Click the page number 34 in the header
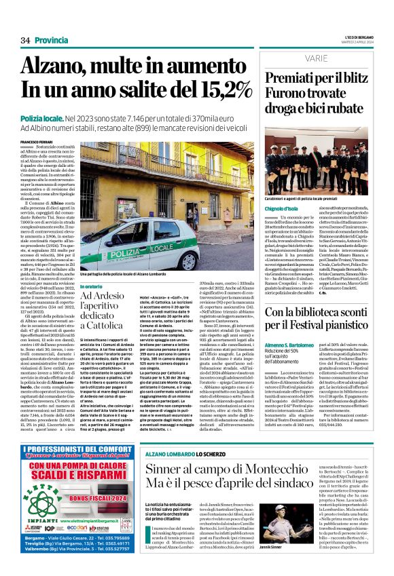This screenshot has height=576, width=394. click(25, 41)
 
